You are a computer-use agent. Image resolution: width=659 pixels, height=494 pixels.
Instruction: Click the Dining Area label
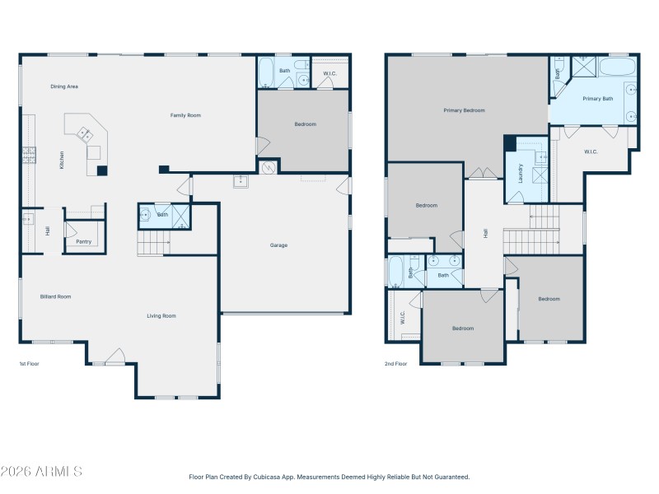click(x=64, y=86)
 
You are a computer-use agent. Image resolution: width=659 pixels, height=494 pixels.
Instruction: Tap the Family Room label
click(x=185, y=115)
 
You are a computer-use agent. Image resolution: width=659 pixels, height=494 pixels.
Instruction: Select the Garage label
click(x=278, y=245)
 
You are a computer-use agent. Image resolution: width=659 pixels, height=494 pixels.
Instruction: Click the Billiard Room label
click(x=56, y=296)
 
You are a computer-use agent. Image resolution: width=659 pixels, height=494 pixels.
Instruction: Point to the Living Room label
click(x=161, y=315)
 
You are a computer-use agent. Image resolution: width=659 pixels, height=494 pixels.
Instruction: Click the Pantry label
click(x=83, y=242)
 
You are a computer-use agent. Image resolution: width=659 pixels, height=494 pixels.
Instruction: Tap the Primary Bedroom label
click(x=464, y=110)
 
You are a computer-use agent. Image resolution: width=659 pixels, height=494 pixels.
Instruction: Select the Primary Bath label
click(x=597, y=99)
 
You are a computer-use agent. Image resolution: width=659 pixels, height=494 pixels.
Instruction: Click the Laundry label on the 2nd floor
click(x=521, y=173)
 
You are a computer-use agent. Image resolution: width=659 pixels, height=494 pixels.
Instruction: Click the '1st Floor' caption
click(x=29, y=363)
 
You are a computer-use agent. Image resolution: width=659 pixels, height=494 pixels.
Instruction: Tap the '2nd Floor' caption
click(x=395, y=363)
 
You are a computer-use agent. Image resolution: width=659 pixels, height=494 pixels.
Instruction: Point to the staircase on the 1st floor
click(x=153, y=244)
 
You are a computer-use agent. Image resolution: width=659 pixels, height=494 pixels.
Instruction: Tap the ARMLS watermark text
click(x=41, y=472)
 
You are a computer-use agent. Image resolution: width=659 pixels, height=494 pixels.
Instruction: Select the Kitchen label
click(x=62, y=161)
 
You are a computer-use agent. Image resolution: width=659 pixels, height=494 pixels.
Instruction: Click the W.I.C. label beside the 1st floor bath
click(x=329, y=74)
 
